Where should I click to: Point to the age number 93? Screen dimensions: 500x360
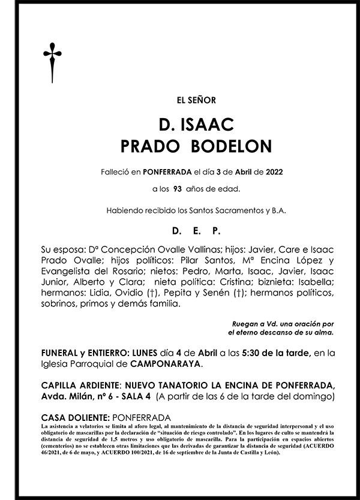pyautogui.click(x=178, y=189)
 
